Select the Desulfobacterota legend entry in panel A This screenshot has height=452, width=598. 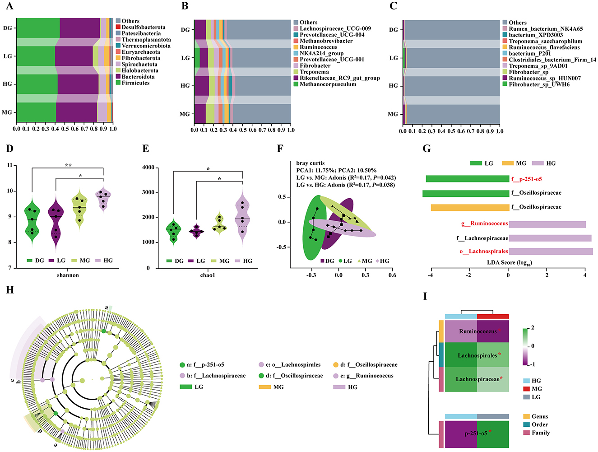point(143,27)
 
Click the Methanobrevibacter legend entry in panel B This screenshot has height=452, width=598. point(326,41)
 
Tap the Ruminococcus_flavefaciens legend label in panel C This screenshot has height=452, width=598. point(544,47)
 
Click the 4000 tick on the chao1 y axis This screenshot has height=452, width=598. point(148,168)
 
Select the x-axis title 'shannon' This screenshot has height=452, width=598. point(68,275)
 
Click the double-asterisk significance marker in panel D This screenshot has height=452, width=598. point(68,166)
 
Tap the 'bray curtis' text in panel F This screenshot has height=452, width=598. point(310,163)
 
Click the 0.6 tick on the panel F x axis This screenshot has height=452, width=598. point(392,275)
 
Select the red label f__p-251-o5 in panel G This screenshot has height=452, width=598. point(526,179)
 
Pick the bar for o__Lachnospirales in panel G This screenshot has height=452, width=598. point(551,252)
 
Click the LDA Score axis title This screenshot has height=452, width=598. point(509,262)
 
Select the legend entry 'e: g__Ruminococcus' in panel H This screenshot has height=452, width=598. point(366,376)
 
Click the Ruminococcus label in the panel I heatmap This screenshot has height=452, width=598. point(478,331)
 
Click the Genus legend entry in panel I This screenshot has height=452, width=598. point(539,416)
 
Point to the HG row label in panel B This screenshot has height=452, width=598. point(185,86)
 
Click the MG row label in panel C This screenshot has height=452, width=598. point(393,114)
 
